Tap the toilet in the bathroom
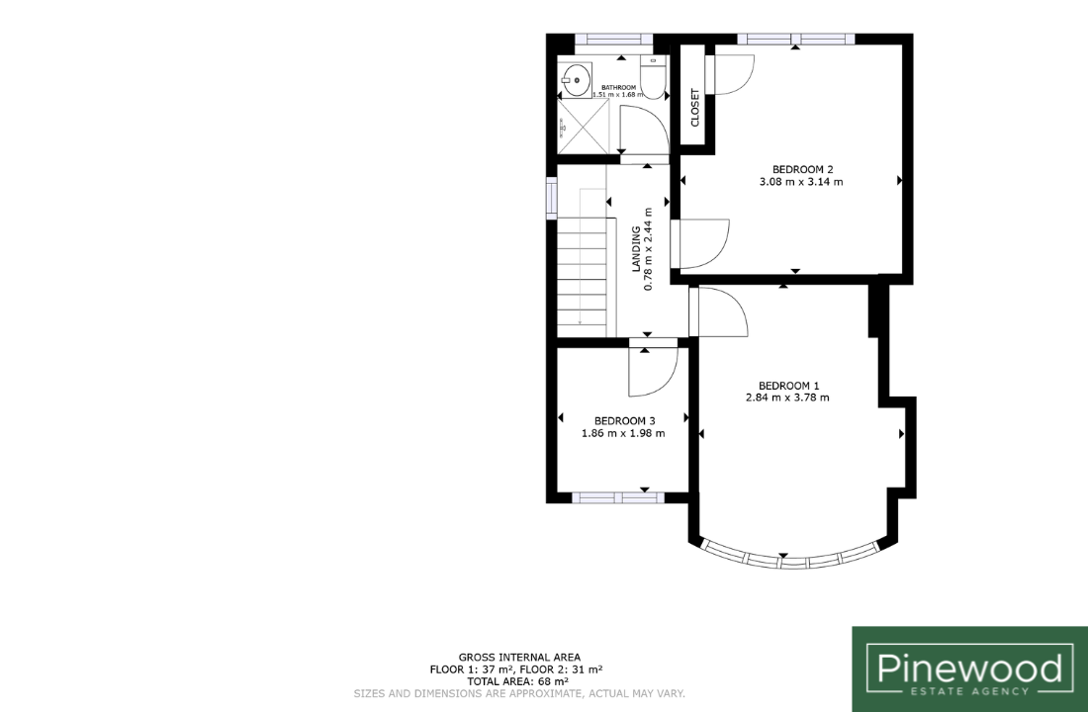coord(653,78)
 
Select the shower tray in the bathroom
coord(583,127)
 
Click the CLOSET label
coord(695,107)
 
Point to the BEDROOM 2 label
coord(802,169)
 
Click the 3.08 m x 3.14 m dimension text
coord(801,182)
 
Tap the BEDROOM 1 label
coord(789,386)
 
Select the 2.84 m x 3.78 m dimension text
coord(787,398)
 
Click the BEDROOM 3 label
coord(624,421)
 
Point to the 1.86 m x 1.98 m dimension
coord(623,434)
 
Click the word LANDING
coord(636,248)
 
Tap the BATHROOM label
coord(618,87)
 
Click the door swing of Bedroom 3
coord(653,371)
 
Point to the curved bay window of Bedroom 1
coord(791,560)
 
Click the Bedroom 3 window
coord(618,496)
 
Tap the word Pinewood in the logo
coord(969,668)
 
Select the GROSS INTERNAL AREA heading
coord(519,658)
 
